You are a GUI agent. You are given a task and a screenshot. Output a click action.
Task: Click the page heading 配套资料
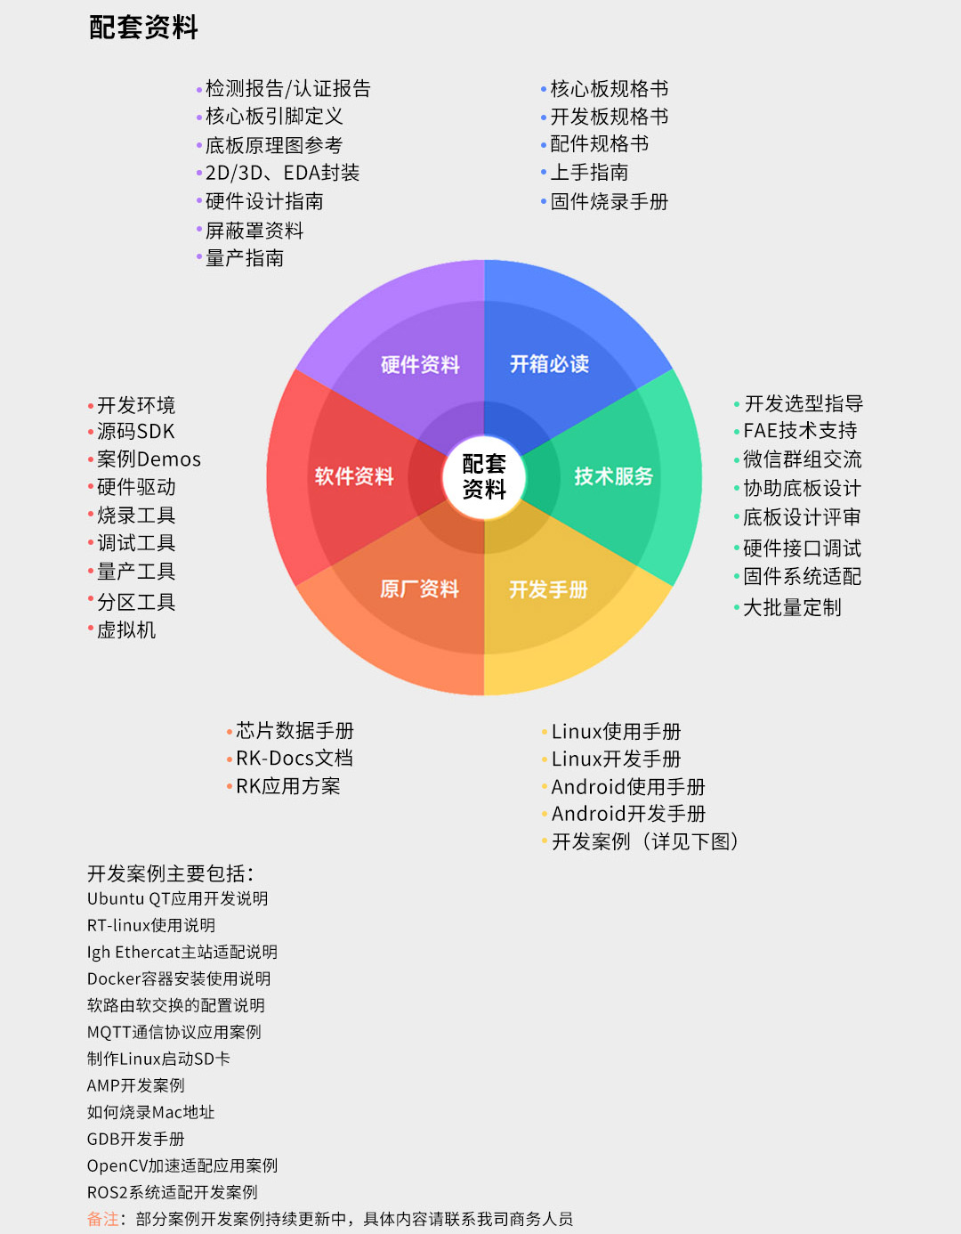coord(143,28)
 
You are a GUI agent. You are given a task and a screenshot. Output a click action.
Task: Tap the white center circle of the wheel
coord(484,477)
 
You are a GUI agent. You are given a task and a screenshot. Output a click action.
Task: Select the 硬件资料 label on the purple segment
coord(420,364)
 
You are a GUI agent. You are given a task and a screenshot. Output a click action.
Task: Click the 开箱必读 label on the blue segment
coord(549,364)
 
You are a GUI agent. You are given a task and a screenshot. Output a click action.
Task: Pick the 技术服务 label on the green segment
coord(614,475)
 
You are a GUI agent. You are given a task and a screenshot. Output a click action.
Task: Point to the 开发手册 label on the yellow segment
coord(548,589)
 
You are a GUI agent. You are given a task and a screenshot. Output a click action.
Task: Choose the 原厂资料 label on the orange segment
coord(419,589)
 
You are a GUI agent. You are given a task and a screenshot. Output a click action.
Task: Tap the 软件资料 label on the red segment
coord(354,475)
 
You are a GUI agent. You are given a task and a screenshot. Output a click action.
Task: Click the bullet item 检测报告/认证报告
coord(287,89)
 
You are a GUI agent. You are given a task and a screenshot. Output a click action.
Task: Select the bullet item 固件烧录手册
coord(610,201)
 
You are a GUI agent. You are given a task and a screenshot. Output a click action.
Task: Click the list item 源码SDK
coord(135,432)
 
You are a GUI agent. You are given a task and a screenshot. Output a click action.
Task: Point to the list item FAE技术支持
coord(800,430)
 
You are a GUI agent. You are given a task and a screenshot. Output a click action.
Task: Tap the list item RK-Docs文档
coord(295,759)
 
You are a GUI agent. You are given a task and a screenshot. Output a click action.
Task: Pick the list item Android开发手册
coord(628,814)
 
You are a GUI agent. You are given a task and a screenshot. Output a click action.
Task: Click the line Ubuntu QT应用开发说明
coord(177,898)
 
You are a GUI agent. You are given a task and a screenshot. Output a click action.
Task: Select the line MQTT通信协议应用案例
coord(174,1032)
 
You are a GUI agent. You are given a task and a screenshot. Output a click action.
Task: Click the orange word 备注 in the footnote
coord(102,1219)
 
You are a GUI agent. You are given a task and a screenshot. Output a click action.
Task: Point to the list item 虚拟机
coord(126,629)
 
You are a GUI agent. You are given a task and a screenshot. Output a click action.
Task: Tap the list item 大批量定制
coord(792,607)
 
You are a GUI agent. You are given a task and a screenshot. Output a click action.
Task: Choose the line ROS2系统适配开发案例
coord(172,1192)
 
